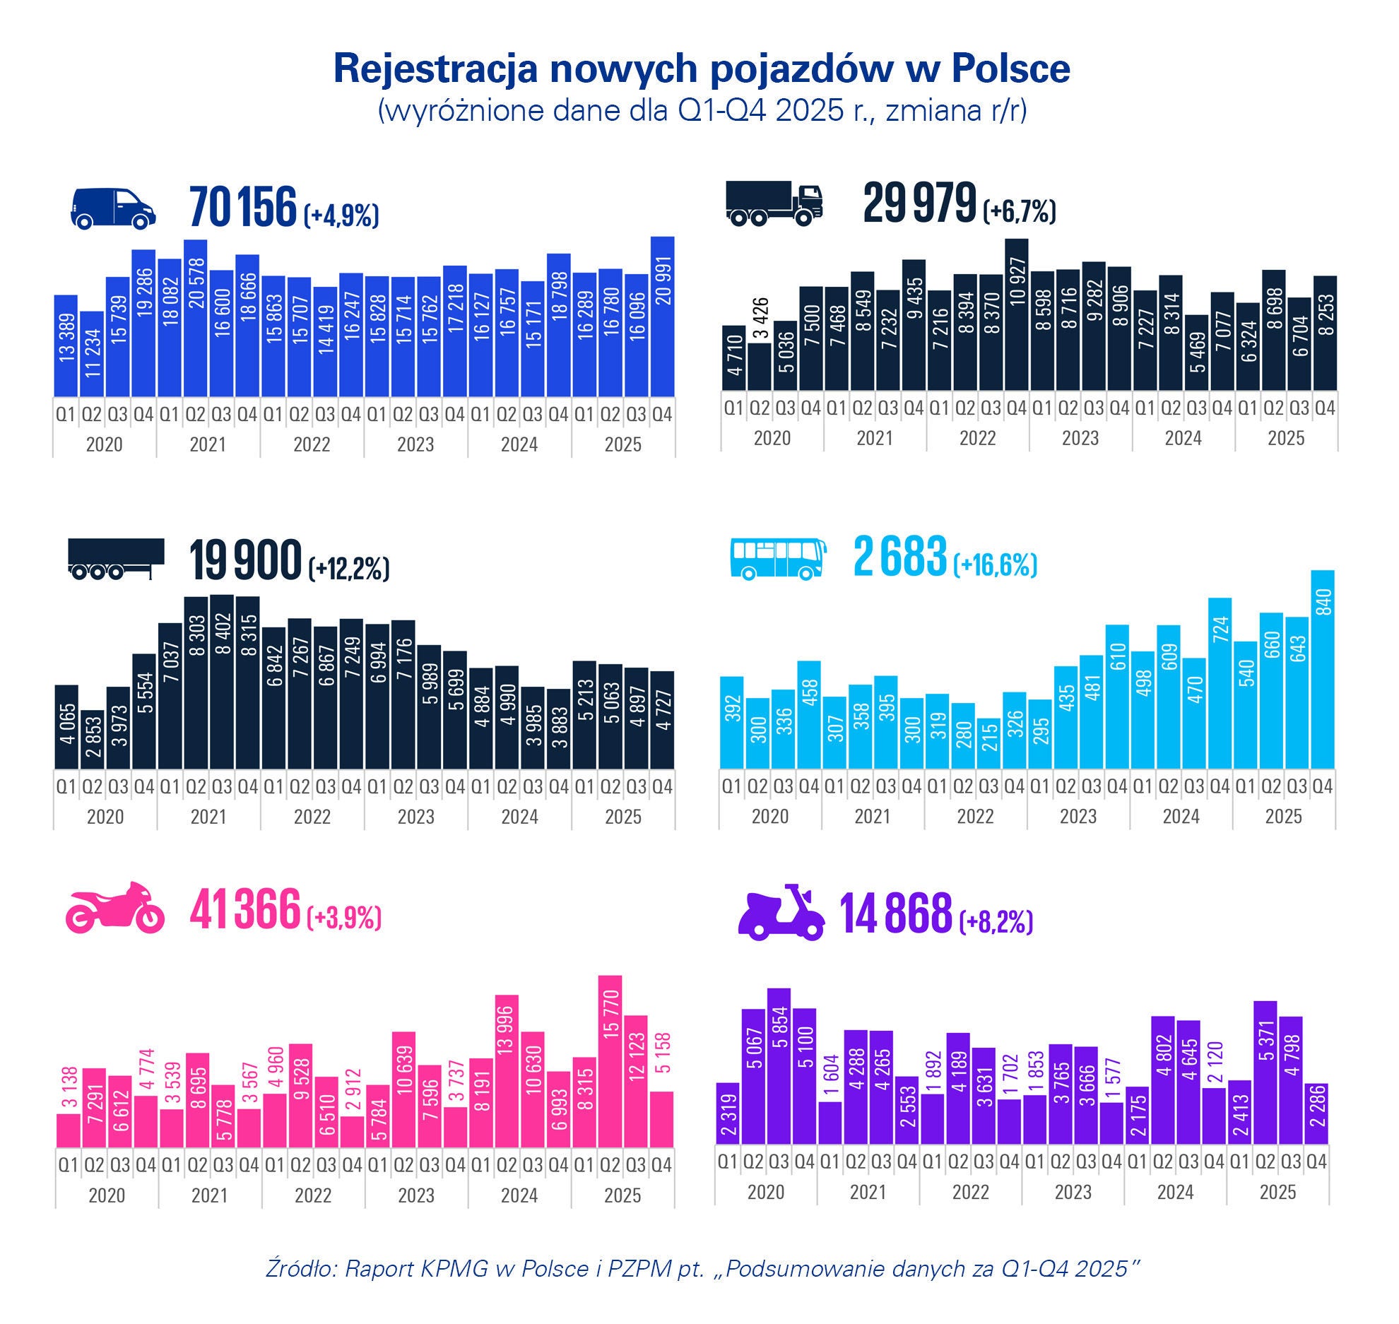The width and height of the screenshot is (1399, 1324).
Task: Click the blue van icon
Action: pyautogui.click(x=113, y=208)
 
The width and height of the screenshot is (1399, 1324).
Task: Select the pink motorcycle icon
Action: pyautogui.click(x=114, y=909)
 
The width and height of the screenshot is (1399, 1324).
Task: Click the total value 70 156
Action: pyautogui.click(x=243, y=208)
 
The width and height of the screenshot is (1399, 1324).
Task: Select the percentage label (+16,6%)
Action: pyautogui.click(x=995, y=565)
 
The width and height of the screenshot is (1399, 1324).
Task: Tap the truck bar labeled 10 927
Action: pyautogui.click(x=1016, y=314)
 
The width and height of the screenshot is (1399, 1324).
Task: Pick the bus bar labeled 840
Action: pyautogui.click(x=1322, y=669)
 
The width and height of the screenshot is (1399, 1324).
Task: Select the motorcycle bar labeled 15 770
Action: pyautogui.click(x=610, y=1062)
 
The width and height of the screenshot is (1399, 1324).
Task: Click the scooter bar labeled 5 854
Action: pyautogui.click(x=778, y=1066)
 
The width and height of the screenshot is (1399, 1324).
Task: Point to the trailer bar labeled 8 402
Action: pyautogui.click(x=222, y=682)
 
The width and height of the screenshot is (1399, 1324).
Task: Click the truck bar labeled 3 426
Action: pyautogui.click(x=760, y=367)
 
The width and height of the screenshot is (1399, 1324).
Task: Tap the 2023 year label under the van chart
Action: pyautogui.click(x=415, y=445)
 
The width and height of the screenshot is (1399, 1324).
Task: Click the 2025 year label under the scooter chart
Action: pyautogui.click(x=1277, y=1193)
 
